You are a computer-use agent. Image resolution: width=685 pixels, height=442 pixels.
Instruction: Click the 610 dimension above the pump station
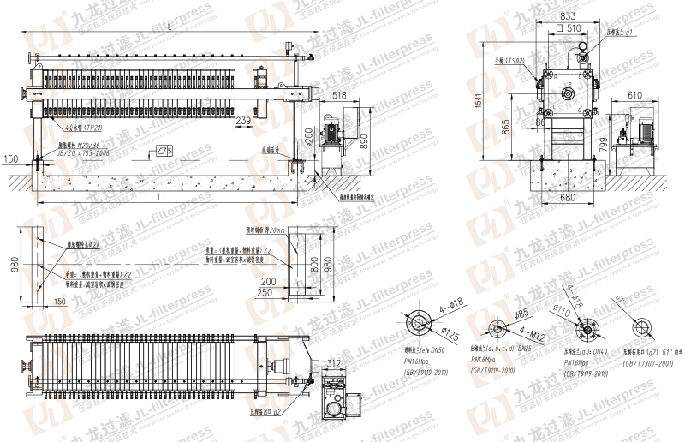[x=634, y=95]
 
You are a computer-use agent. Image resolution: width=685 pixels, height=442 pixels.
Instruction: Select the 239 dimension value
[x=242, y=122]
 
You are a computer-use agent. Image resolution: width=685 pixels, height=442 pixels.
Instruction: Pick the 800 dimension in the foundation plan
[x=314, y=265]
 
